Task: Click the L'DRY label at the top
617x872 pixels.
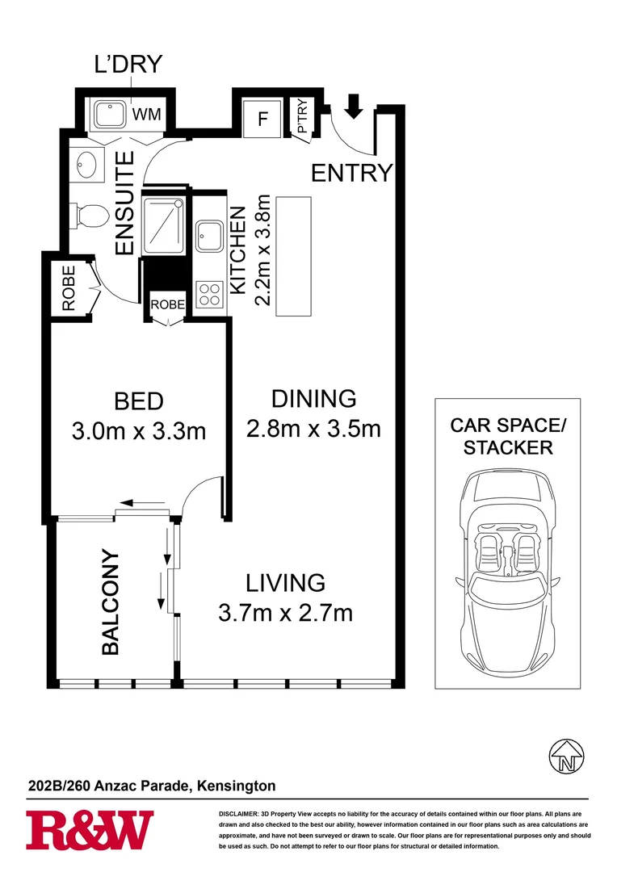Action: tap(128, 64)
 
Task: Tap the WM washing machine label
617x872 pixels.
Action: tap(146, 115)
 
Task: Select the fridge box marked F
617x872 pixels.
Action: tap(262, 119)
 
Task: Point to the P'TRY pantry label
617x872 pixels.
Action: tap(302, 117)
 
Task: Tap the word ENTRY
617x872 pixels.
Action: tap(351, 173)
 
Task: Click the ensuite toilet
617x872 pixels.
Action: tap(90, 216)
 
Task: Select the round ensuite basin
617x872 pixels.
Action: tap(85, 165)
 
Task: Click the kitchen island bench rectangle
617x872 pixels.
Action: tap(294, 256)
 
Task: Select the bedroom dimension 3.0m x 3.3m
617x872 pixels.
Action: tap(139, 431)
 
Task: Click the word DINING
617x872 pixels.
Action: tap(313, 398)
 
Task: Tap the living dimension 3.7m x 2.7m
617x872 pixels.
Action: tap(286, 613)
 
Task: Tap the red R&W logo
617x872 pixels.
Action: tap(90, 830)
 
